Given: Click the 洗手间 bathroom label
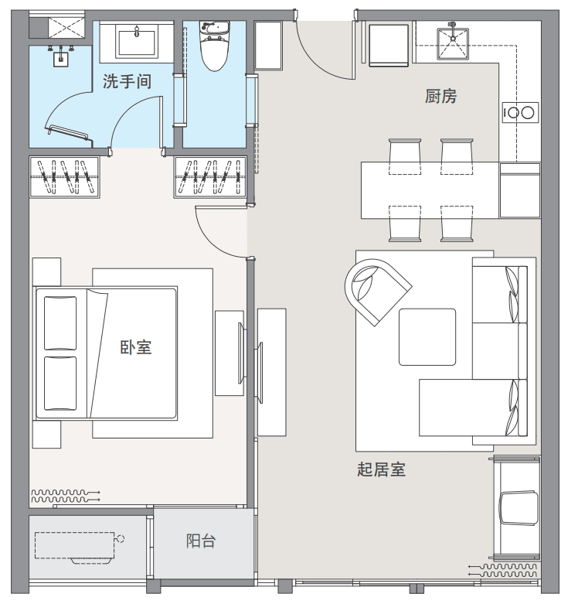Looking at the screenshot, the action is tap(127, 82).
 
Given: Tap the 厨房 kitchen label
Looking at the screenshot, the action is tap(440, 96).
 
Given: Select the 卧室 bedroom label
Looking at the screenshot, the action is tap(136, 347).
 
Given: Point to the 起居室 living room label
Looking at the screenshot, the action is tap(381, 469).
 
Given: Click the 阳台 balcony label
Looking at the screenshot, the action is tap(201, 541).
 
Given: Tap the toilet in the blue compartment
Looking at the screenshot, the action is tap(214, 46).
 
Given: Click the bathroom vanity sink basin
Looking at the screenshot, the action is tap(137, 43).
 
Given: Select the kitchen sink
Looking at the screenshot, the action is tap(453, 44).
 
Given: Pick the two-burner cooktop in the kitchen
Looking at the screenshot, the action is tap(520, 113).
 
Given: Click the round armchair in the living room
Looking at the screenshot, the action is tap(376, 290).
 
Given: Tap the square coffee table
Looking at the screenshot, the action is tap(427, 336).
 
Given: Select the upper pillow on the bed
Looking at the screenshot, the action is tap(60, 322).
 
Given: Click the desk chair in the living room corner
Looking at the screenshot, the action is tap(519, 507).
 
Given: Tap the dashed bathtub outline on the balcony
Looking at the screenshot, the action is tap(76, 547).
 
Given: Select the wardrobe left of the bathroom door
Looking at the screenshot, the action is tap(65, 177).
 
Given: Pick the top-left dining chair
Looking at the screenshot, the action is tap(404, 156).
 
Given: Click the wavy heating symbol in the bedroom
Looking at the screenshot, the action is tap(66, 496).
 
